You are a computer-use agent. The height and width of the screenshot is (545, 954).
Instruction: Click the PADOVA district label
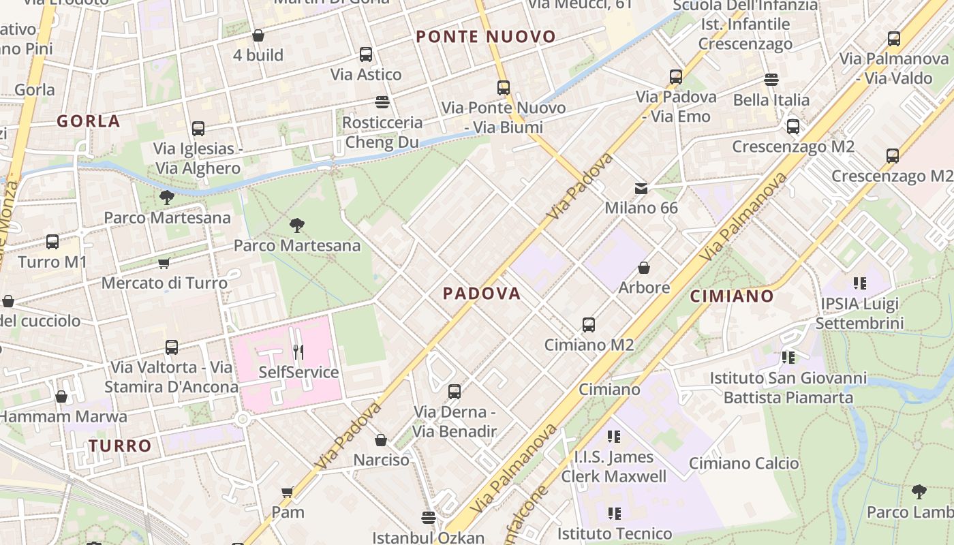tap(482, 294)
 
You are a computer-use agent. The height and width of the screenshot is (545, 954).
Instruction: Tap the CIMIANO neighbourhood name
tap(732, 296)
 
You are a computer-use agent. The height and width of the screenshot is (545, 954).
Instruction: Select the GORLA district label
tap(88, 122)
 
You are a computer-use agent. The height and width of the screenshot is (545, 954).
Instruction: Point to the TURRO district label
tap(120, 446)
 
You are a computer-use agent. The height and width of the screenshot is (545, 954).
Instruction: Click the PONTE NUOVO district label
tap(486, 37)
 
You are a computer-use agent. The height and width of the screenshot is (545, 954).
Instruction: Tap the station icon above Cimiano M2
tap(589, 325)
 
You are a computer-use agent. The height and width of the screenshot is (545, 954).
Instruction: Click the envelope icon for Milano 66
tap(641, 188)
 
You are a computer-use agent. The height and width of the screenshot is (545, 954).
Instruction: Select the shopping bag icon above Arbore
tap(643, 268)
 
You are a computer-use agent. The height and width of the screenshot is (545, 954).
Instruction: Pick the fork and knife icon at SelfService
tap(298, 352)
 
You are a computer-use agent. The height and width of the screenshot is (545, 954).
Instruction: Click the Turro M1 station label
tap(52, 262)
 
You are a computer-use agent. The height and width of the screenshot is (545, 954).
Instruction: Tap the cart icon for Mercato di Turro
tap(164, 263)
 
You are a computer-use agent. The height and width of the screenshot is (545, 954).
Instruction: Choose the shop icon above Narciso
tap(381, 441)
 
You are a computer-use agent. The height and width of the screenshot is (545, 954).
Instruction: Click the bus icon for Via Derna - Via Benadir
tap(455, 392)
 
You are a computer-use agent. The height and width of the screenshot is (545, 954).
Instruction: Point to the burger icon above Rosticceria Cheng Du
tap(382, 102)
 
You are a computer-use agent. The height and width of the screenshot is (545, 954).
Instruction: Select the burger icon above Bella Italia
tap(771, 80)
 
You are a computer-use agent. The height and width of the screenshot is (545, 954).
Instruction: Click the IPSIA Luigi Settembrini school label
tap(859, 313)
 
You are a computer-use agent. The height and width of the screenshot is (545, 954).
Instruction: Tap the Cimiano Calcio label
tap(743, 464)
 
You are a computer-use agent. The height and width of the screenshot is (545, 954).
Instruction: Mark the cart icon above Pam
tap(288, 492)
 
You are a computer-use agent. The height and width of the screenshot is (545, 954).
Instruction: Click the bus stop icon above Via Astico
tap(366, 54)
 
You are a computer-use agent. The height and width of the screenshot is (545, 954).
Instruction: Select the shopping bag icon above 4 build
tap(258, 35)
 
